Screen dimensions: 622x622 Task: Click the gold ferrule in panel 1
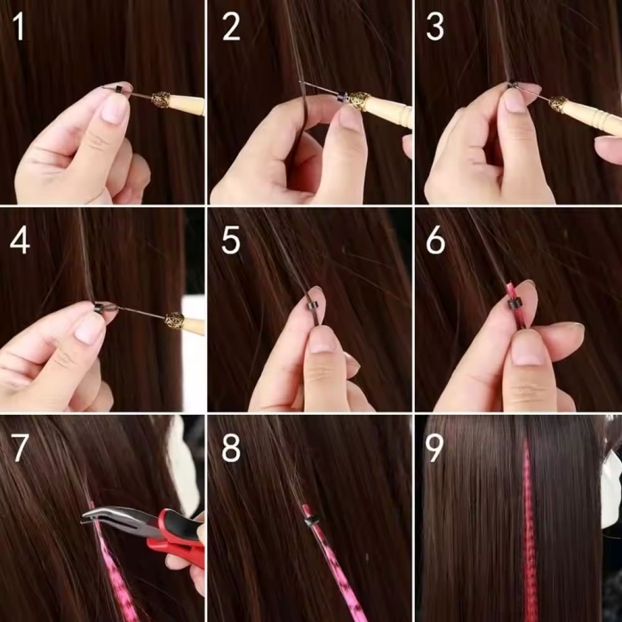click(163, 100)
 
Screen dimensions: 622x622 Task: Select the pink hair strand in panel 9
click(530, 533)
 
